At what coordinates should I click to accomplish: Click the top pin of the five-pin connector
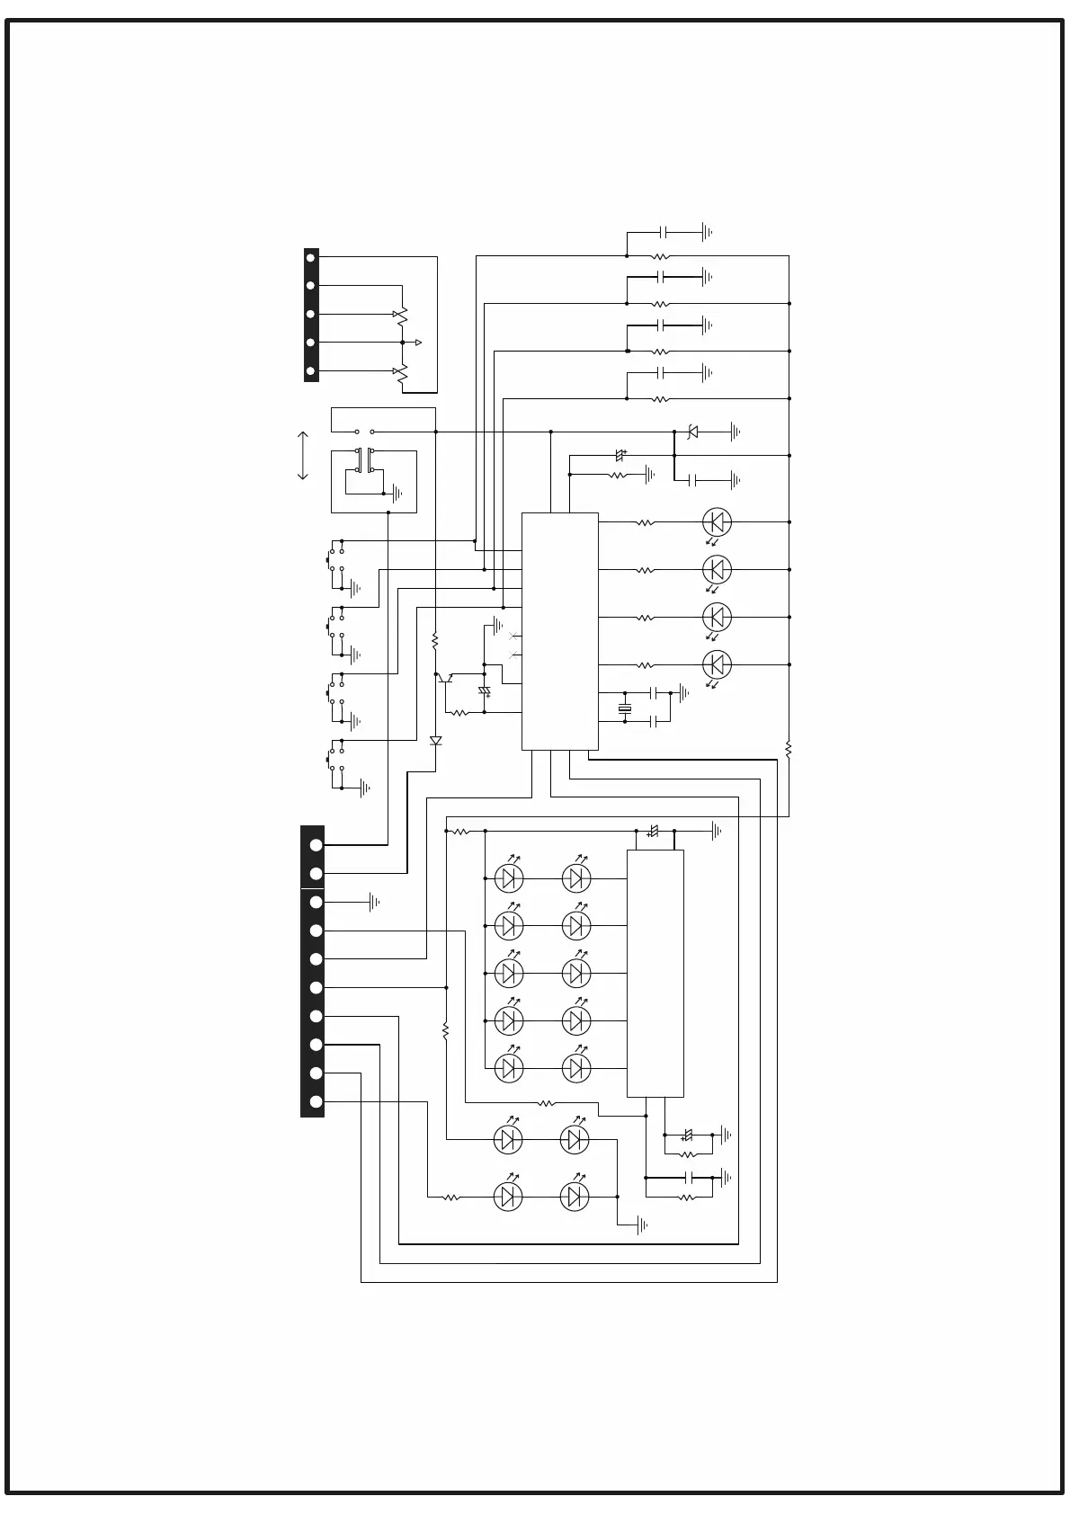point(311,257)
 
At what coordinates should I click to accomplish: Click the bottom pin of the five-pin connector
point(311,371)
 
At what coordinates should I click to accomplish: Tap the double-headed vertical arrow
point(303,456)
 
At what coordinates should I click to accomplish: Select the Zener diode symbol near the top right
point(692,432)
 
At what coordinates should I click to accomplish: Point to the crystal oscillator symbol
point(625,709)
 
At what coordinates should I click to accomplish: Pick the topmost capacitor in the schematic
point(663,232)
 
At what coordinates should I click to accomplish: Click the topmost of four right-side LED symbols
point(716,521)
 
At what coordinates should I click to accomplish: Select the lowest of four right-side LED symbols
point(716,665)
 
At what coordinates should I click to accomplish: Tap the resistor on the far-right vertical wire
point(789,748)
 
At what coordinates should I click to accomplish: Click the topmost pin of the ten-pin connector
point(316,845)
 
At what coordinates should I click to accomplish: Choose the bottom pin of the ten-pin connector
point(316,1102)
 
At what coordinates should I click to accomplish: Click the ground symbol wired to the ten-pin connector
point(374,902)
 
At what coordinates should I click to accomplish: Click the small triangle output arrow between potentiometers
point(417,343)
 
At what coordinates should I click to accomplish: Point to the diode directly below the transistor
point(436,741)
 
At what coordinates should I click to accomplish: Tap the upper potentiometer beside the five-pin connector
point(401,316)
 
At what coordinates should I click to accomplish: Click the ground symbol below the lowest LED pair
point(641,1225)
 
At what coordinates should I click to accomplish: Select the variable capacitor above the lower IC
point(654,833)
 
